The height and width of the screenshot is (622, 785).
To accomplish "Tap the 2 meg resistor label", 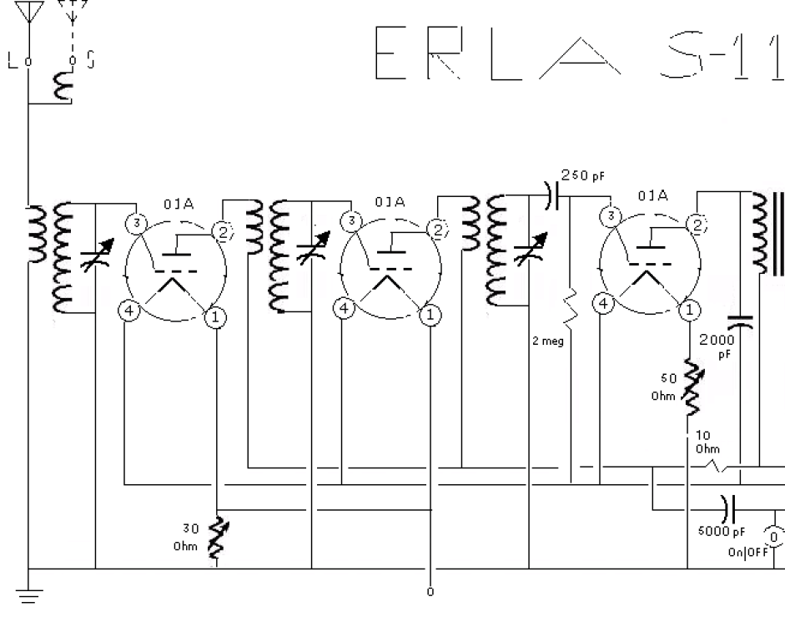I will tap(548, 341).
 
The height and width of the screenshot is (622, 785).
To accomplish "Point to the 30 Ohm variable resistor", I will tap(219, 534).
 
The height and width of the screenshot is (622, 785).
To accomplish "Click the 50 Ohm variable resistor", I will tap(692, 387).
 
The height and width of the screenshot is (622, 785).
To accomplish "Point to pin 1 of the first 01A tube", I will tap(217, 316).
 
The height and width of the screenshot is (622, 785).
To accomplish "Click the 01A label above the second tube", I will tap(390, 202).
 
